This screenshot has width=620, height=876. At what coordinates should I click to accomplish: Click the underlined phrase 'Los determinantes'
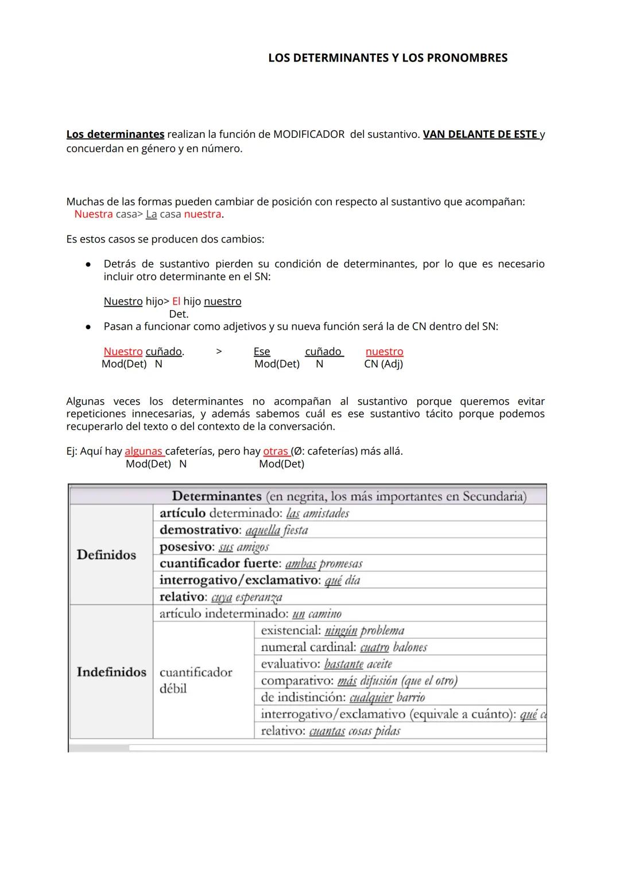pos(115,134)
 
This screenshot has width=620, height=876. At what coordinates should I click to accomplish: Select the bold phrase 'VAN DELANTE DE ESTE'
pos(480,134)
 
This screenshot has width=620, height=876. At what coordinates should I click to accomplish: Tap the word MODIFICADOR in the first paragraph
pos(309,134)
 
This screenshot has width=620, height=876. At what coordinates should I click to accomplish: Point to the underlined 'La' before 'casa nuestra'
pos(151,214)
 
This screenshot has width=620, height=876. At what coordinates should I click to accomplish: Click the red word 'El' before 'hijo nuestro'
pos(176,302)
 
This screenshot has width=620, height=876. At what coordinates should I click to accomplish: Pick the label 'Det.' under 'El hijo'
pos(179,314)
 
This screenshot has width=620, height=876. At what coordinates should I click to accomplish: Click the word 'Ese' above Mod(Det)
pos(262,352)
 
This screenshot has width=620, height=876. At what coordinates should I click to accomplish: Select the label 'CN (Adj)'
pos(383,364)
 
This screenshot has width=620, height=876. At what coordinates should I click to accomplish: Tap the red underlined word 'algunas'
pos(144,451)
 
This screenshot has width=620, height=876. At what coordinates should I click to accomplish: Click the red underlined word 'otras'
pos(276,451)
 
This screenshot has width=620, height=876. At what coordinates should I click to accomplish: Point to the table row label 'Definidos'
pos(106,555)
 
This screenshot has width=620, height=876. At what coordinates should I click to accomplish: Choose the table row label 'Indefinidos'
pos(111,672)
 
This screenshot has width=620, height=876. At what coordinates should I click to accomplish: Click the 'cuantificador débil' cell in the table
pos(195,680)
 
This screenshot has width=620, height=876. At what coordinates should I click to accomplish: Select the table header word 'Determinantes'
pos(216,496)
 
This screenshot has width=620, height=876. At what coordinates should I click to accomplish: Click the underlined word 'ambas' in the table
pos(300,564)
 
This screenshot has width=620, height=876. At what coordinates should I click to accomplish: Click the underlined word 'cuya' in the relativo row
pos(222,597)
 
